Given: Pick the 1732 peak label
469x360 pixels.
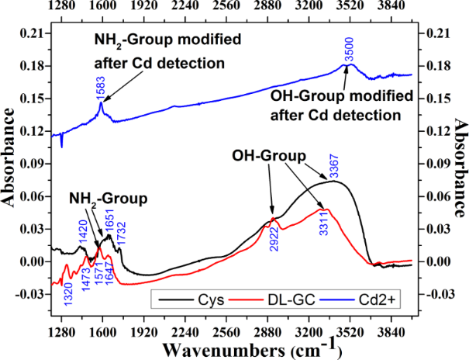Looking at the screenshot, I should click(122, 231).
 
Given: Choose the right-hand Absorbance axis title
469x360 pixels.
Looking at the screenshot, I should click(458, 165).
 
